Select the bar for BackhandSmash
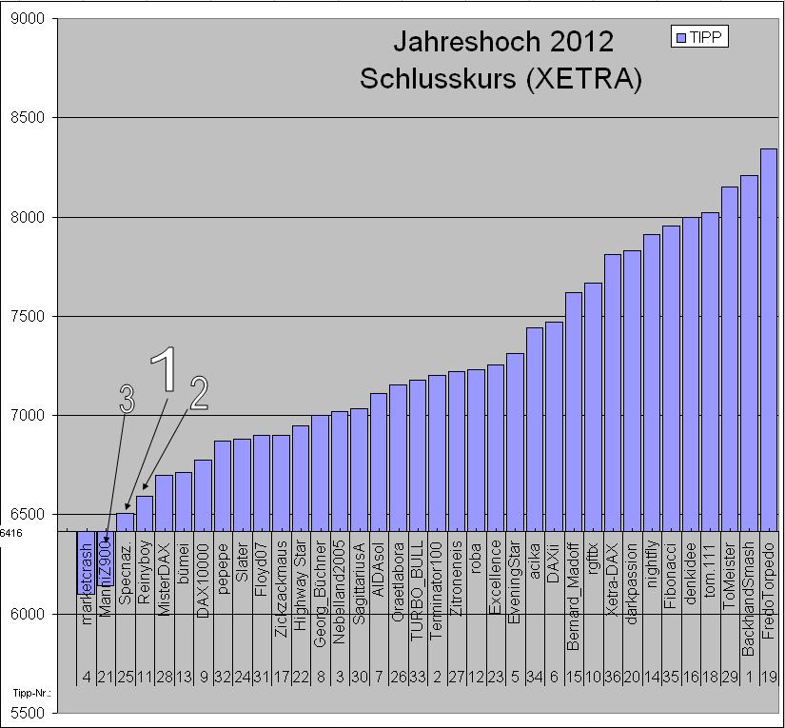749,353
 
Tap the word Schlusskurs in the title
435,80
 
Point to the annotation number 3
128,400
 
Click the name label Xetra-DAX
613,576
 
